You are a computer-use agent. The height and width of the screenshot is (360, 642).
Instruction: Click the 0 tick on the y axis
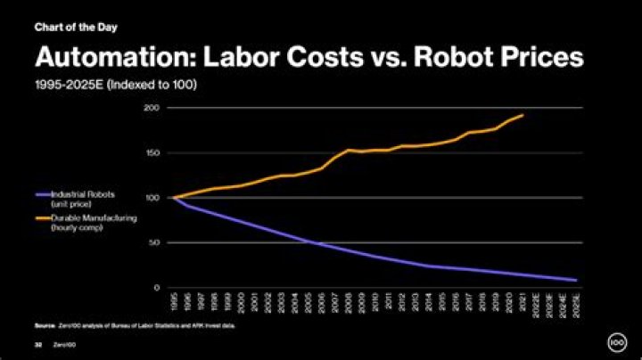pos(156,288)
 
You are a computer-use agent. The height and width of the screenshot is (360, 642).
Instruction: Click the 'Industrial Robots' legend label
pos(78,193)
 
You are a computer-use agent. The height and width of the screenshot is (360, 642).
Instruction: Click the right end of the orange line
pos(523,115)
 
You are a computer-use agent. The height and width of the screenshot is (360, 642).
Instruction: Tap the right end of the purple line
pos(576,280)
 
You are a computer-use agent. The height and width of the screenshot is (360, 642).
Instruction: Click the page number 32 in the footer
pos(38,342)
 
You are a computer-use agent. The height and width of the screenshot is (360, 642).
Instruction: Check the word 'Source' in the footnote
pos(44,326)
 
